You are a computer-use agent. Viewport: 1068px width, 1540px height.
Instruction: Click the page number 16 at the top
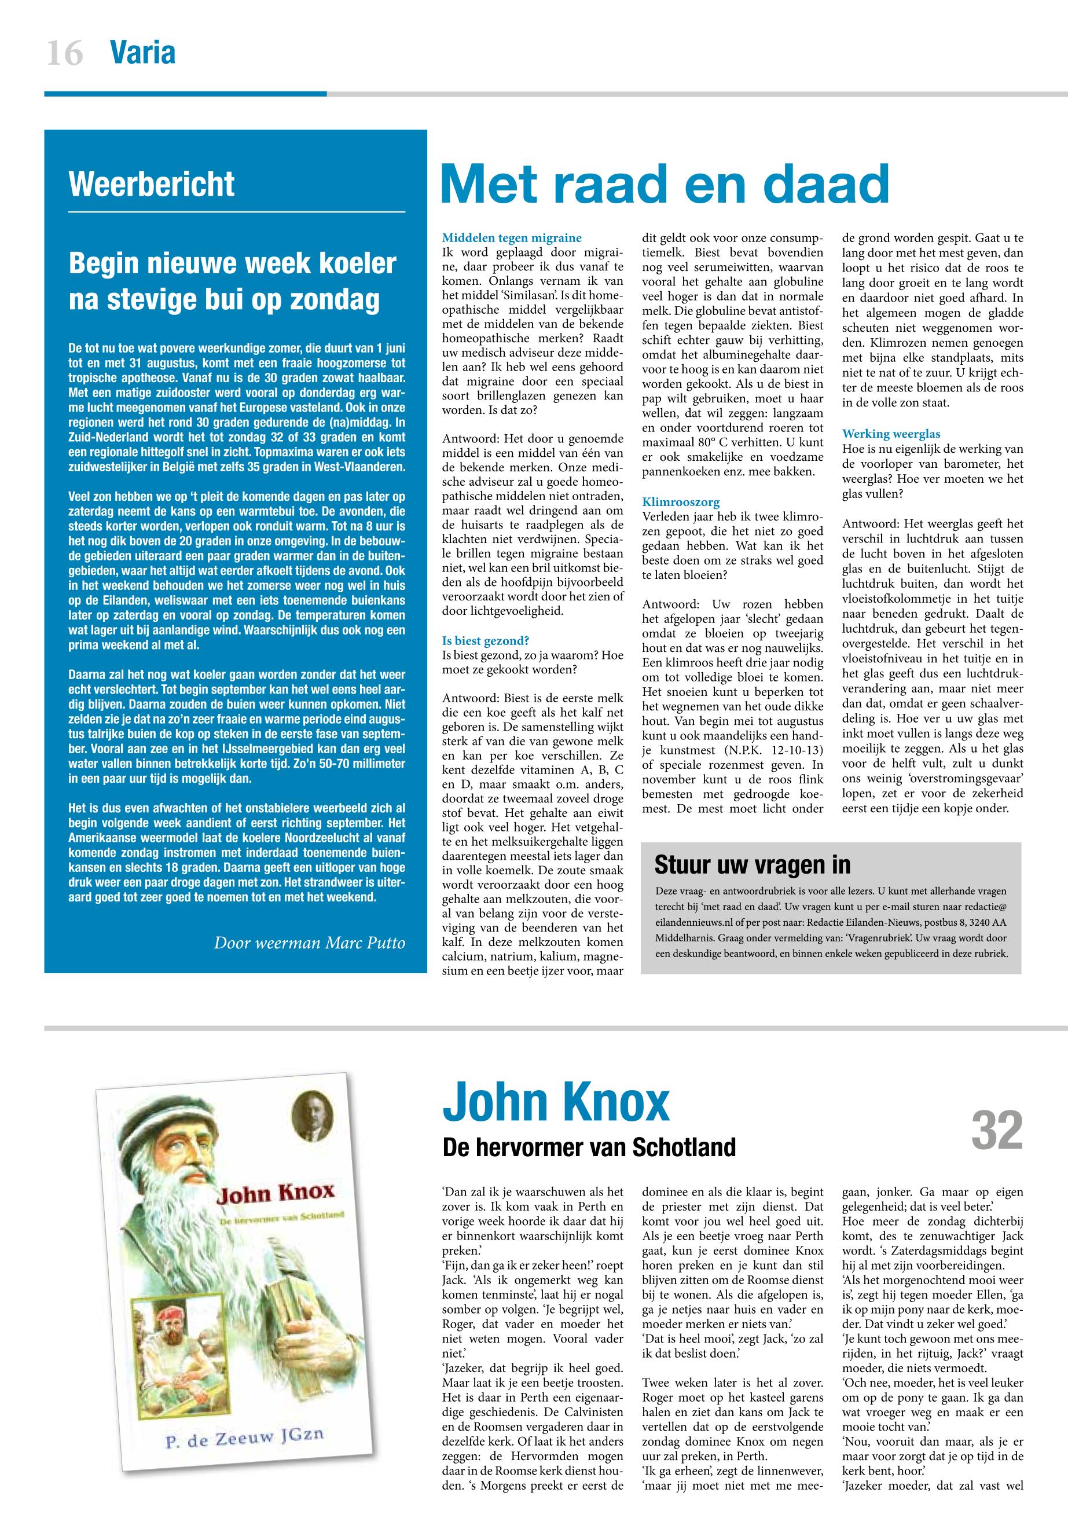click(x=65, y=53)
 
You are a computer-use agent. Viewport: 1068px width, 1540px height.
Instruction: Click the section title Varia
click(x=142, y=53)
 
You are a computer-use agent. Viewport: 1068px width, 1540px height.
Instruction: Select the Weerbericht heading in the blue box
click(x=151, y=184)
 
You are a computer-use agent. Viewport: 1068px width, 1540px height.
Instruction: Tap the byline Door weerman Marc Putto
click(x=309, y=943)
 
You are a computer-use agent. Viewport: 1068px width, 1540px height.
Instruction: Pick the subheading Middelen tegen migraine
click(x=512, y=237)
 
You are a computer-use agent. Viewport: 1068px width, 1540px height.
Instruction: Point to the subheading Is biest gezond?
click(x=486, y=640)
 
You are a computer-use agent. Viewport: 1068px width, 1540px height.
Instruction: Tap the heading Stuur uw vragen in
click(x=752, y=865)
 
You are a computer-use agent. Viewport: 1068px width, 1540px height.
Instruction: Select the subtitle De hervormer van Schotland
click(x=589, y=1147)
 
